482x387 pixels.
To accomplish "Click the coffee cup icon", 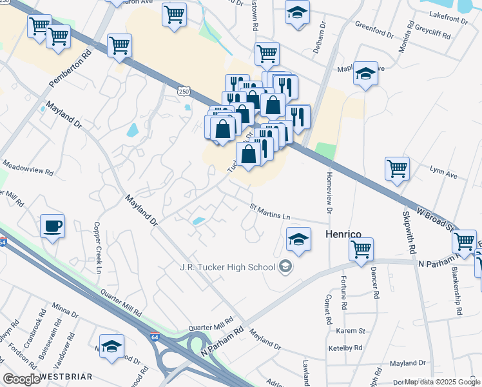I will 52,226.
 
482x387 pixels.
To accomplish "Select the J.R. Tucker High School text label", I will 227,266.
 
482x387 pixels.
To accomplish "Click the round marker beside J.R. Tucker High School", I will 285,266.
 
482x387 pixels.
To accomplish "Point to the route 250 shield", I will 184,92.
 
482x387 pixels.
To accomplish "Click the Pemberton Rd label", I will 70,67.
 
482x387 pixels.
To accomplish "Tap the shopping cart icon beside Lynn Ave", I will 397,168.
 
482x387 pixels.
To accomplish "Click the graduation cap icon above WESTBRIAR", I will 111,346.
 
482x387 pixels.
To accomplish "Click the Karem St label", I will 351,331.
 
